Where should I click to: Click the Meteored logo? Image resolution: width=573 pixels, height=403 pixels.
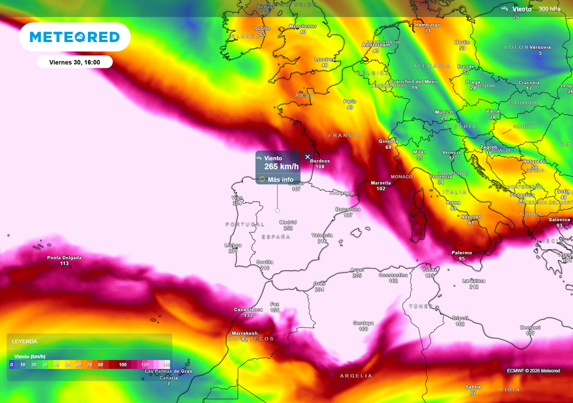click(x=74, y=37)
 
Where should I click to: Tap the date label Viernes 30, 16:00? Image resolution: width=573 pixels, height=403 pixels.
click(x=74, y=62)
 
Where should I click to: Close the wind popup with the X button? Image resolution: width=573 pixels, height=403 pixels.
click(x=307, y=157)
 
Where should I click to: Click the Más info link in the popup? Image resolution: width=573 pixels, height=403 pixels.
click(x=280, y=180)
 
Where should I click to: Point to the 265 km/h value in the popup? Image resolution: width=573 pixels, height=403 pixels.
click(x=281, y=167)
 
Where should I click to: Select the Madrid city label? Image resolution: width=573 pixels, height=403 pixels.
click(x=288, y=222)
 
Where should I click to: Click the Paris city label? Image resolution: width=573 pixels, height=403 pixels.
click(x=350, y=101)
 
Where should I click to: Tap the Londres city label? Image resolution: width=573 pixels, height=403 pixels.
click(x=325, y=59)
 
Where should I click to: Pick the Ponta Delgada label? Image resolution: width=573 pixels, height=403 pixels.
click(x=64, y=258)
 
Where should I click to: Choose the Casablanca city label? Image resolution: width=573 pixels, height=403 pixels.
click(x=248, y=310)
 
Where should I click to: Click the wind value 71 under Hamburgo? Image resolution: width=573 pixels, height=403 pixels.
click(x=428, y=31)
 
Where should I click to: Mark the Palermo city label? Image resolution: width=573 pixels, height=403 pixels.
click(x=462, y=253)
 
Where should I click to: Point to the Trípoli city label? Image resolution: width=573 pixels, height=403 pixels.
click(x=460, y=318)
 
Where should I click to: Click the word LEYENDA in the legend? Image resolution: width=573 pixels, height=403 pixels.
click(x=25, y=341)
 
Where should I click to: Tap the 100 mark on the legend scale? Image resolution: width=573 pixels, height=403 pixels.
click(x=123, y=365)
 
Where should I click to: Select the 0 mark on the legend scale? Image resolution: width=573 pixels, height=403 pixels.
click(x=11, y=365)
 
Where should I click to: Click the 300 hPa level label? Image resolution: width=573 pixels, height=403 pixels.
click(x=549, y=9)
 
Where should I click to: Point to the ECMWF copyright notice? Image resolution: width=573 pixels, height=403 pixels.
click(x=533, y=371)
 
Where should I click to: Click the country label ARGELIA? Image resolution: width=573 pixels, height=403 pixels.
click(x=356, y=376)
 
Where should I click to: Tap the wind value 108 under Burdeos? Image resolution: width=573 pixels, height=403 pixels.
click(x=320, y=167)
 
